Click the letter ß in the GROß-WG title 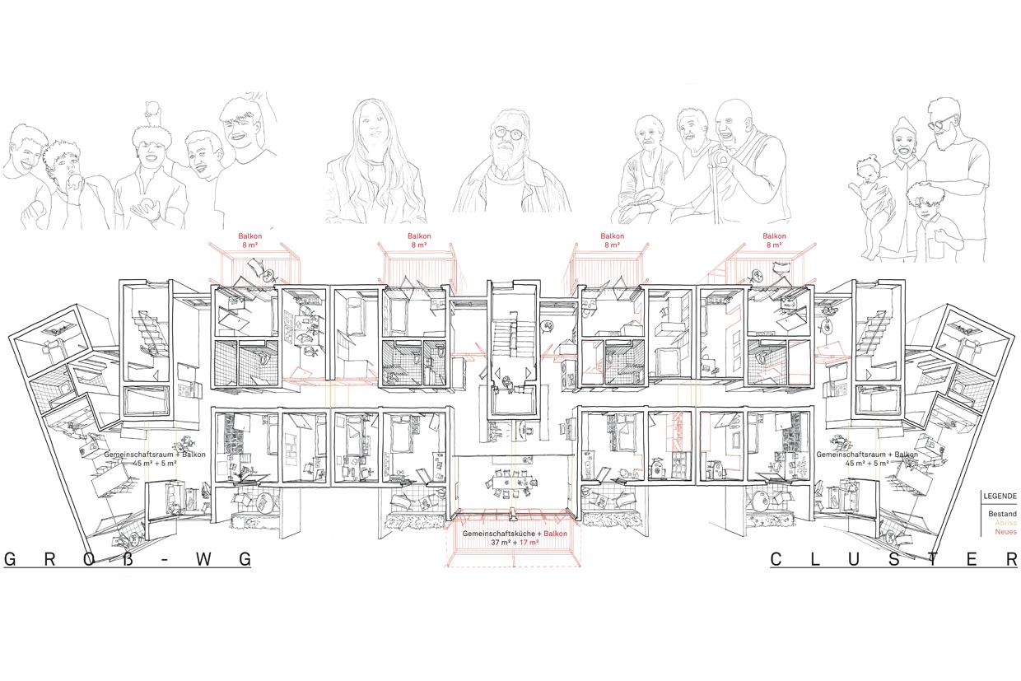point(128,559)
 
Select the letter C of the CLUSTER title point(776,559)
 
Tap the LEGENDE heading point(1000,497)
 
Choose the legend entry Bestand point(1002,514)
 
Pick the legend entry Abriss point(1005,523)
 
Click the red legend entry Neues point(1005,531)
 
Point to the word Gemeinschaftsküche point(499,534)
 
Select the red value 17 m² point(529,543)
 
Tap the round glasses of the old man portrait point(509,133)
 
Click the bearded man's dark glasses point(939,122)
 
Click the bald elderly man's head point(731,120)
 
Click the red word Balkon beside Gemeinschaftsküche point(556,534)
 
